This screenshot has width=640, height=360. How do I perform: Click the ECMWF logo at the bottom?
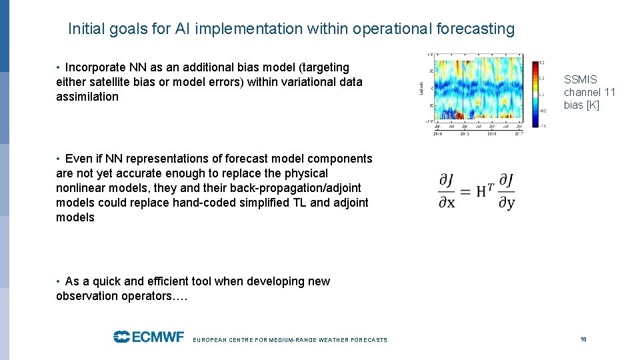pos(149,337)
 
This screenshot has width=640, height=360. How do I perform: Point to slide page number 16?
pos(583,339)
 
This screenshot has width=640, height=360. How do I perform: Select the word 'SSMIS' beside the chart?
pos(581,79)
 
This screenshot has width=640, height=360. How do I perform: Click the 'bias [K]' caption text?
pos(581,105)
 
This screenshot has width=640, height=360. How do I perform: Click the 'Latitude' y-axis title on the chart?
pos(421,88)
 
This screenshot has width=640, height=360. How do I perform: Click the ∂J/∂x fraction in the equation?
pos(447,191)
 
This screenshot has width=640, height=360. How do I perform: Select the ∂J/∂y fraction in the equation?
pos(506,191)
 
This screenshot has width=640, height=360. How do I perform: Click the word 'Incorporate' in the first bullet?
pos(93,67)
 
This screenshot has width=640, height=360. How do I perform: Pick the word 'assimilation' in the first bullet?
pos(87,97)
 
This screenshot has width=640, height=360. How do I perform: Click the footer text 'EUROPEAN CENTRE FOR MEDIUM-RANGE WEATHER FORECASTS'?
pos(289,340)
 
